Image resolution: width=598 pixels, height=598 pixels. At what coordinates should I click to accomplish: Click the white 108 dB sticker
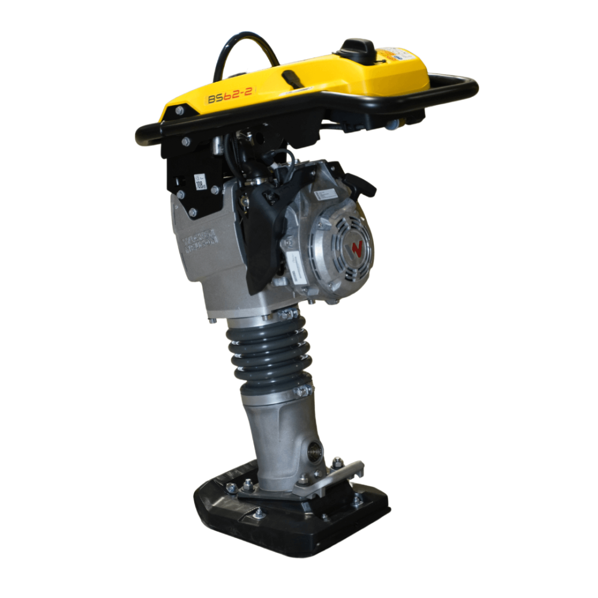pos(200,181)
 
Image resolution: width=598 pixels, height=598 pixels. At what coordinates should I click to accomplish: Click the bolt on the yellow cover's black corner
pos(179,111)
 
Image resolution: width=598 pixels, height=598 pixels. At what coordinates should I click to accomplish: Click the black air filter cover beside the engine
pos(263,239)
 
